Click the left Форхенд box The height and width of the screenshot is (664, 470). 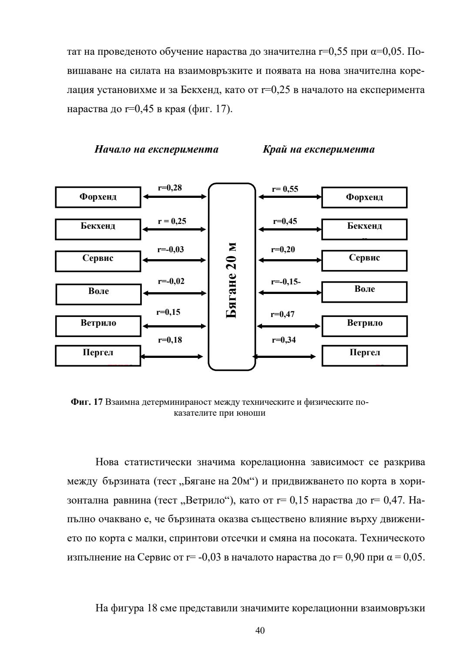coord(98,197)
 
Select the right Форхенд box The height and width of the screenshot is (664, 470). coord(364,197)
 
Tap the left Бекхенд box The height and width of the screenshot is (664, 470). coord(98,229)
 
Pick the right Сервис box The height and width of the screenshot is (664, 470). coord(364,260)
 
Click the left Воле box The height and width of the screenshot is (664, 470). coord(98,294)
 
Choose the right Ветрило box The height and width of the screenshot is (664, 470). coord(364,326)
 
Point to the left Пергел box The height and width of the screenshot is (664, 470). coord(98,355)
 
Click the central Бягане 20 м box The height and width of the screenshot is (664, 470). coord(232,277)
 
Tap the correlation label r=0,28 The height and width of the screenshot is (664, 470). coord(170,188)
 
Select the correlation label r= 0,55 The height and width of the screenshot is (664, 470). coord(285,189)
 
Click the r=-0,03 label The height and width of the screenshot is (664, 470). coord(171,250)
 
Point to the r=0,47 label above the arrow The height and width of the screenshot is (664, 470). coord(282,314)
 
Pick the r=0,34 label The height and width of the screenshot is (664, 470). coord(284,340)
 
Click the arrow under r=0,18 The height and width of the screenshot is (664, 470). coord(172,357)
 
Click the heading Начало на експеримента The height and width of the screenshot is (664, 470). coord(157,150)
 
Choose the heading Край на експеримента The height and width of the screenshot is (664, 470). coord(319,150)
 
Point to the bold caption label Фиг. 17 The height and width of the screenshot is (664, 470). coord(87,402)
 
